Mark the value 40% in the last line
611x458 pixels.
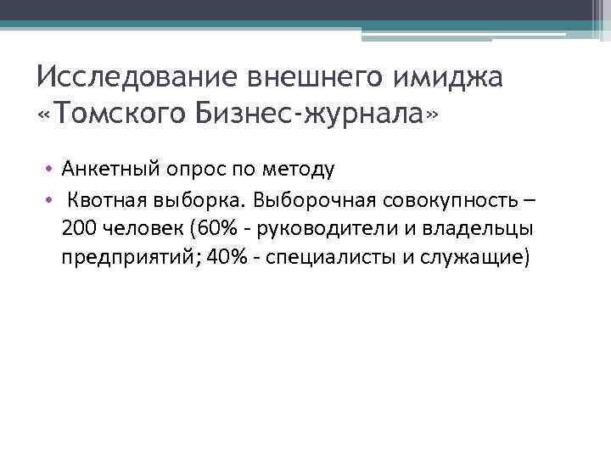coord(223,257)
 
